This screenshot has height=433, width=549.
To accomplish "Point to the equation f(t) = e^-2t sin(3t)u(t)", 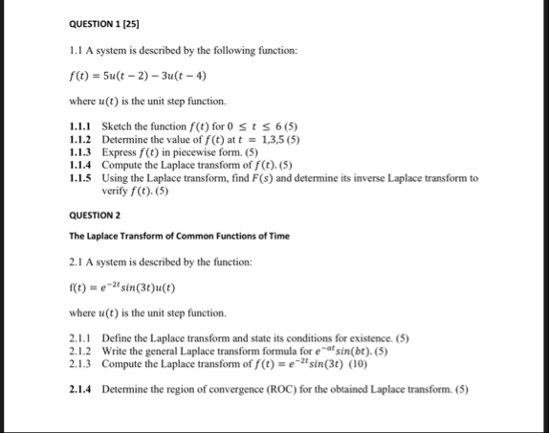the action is (122, 286).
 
